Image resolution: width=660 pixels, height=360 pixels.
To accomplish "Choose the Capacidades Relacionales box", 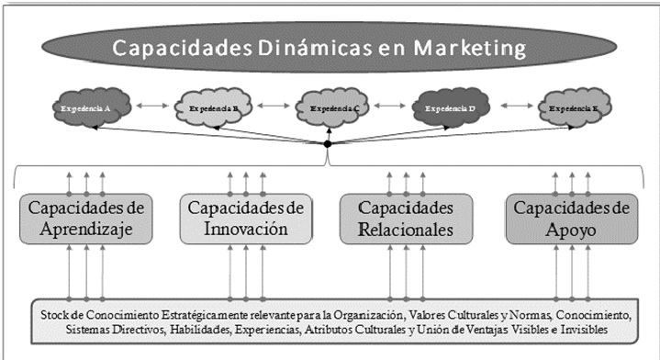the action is (x=406, y=219).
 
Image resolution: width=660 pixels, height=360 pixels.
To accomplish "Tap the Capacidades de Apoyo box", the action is (x=571, y=219).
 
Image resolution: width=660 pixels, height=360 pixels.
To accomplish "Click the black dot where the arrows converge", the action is (x=328, y=144).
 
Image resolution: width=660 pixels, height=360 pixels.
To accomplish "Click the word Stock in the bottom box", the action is (x=57, y=314).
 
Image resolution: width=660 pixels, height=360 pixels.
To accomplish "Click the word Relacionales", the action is (x=406, y=230).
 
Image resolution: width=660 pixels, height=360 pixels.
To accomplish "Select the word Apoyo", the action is (x=571, y=230).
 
